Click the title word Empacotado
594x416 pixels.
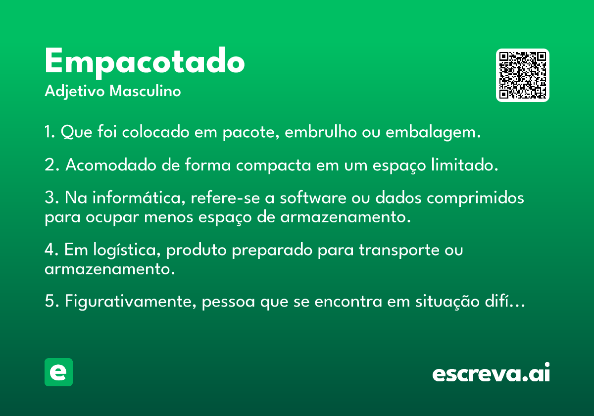(x=145, y=63)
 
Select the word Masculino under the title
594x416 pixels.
(x=145, y=91)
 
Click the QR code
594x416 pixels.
(x=522, y=75)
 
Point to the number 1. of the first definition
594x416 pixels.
(x=49, y=132)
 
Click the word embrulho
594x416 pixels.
(x=321, y=132)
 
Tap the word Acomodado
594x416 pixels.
(x=111, y=165)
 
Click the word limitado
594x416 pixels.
(x=465, y=165)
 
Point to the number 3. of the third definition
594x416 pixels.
(x=51, y=198)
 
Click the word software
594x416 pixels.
(x=313, y=198)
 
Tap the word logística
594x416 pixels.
(x=127, y=251)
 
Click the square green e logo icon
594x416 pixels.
(x=58, y=372)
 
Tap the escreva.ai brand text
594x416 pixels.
(x=491, y=372)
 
